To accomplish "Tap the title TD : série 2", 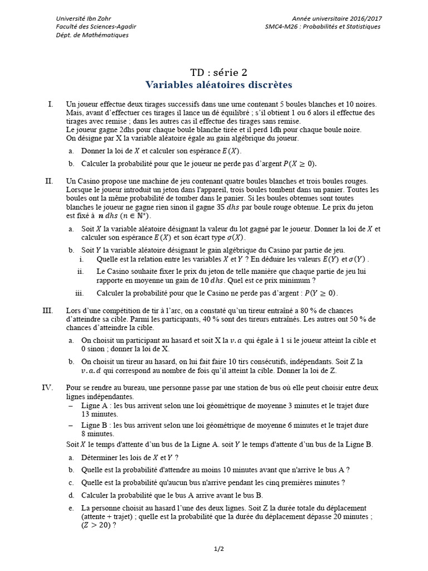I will pos(218,72).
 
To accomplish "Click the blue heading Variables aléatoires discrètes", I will pos(218,85).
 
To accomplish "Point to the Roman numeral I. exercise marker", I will pos(51,104).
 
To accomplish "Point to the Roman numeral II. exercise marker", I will pos(49,181).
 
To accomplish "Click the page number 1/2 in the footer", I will pos(218,549).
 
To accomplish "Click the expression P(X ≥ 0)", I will pos(300,164).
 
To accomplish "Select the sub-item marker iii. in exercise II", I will pos(79,293).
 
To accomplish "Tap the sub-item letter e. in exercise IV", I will pos(71,508).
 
